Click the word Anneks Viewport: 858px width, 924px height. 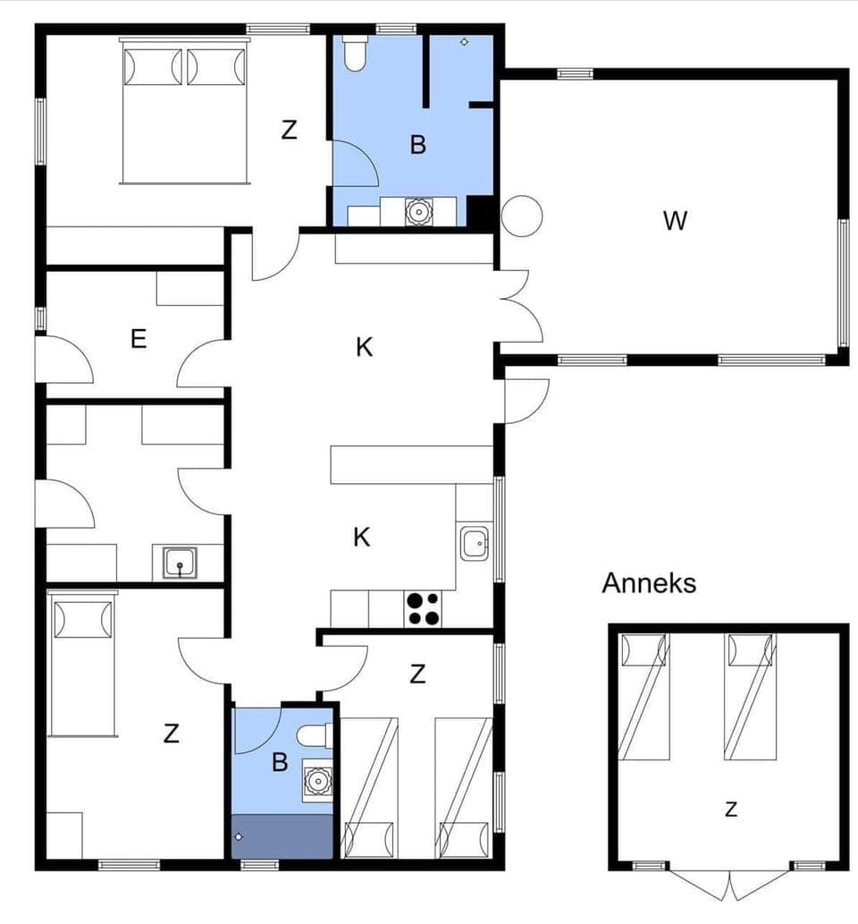tap(649, 583)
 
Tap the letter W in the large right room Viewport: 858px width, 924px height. tap(675, 220)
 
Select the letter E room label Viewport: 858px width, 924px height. tap(138, 339)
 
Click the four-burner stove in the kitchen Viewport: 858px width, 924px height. tap(424, 608)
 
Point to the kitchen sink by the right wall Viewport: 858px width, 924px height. tap(474, 544)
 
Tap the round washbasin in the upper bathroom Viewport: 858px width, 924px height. tap(418, 211)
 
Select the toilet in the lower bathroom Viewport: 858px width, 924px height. tap(315, 735)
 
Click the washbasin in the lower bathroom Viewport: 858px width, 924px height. tap(317, 780)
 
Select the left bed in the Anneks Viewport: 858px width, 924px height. tap(644, 696)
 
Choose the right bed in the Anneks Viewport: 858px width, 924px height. tap(750, 696)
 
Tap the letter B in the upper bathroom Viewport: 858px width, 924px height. tap(417, 145)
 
